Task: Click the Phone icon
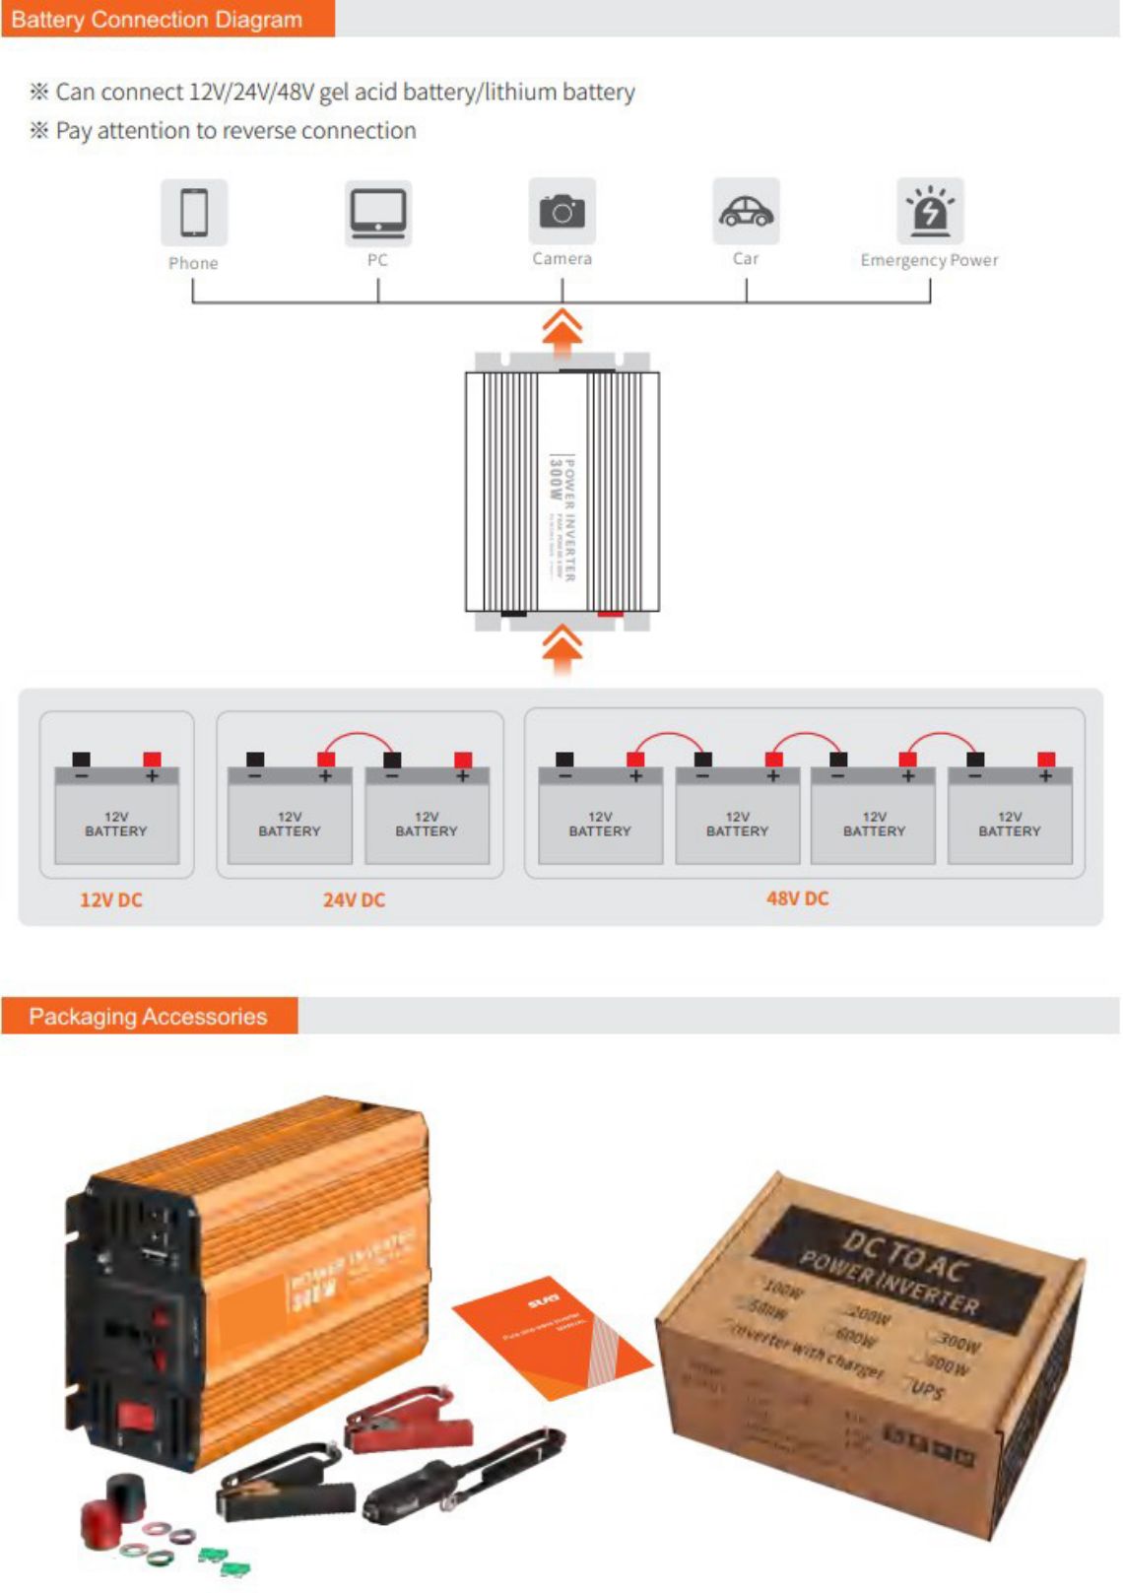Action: tap(194, 212)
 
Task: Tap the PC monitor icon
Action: tap(377, 212)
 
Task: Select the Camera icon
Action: tap(561, 211)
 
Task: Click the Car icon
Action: tap(746, 211)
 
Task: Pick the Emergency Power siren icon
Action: tap(930, 210)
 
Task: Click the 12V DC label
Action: tap(110, 899)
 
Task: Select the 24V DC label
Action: tap(354, 899)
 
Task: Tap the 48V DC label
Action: tap(797, 898)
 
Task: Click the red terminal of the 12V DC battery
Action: tap(152, 760)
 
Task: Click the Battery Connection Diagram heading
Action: tap(157, 20)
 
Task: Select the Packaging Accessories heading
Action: tap(148, 1016)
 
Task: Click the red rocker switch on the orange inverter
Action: tap(136, 1417)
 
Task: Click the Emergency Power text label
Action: tap(929, 260)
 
